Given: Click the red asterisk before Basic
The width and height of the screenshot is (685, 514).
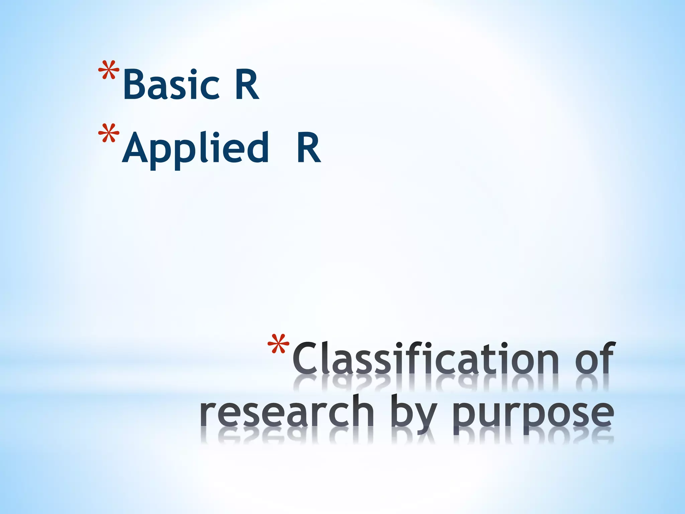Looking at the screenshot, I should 108,71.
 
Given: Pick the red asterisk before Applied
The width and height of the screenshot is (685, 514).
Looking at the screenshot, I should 108,134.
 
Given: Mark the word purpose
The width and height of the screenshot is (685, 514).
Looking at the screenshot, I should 533,415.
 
